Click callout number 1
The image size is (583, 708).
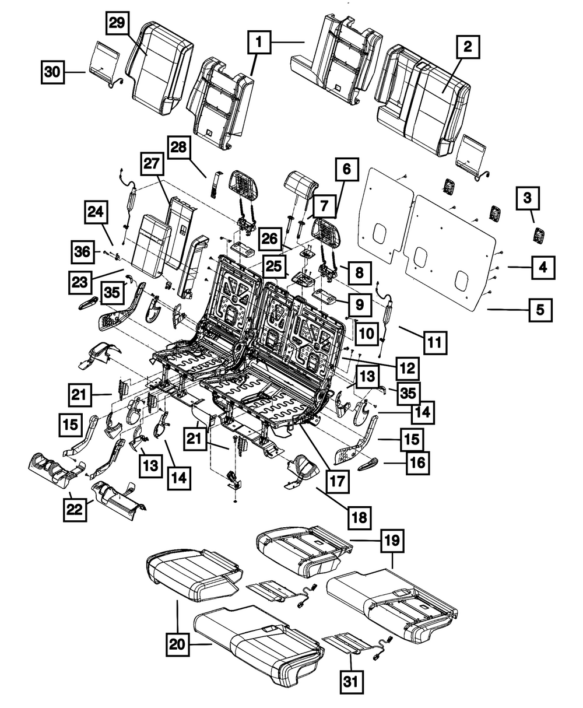click(262, 43)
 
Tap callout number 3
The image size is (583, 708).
click(526, 198)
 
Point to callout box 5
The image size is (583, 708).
click(542, 310)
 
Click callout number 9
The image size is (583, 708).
click(359, 303)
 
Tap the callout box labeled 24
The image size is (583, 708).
click(96, 214)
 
